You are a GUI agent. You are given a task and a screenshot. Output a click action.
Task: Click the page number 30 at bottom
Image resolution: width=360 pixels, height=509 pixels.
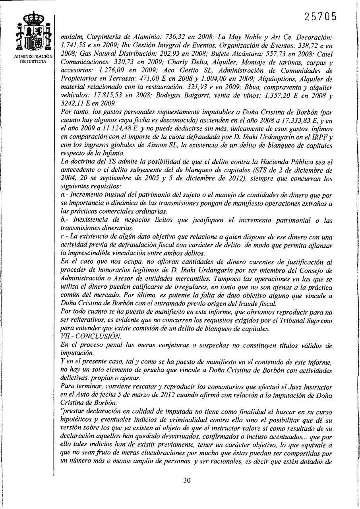pos(187,480)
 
